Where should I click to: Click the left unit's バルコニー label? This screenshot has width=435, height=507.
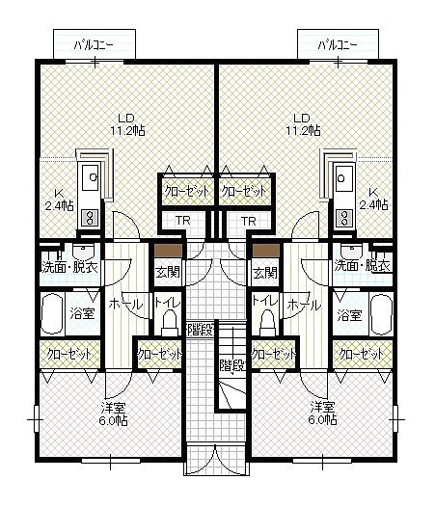(94, 45)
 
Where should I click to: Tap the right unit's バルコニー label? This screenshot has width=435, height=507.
(338, 45)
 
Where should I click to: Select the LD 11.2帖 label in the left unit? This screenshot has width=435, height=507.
(127, 124)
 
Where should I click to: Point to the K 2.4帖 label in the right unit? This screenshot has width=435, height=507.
(374, 199)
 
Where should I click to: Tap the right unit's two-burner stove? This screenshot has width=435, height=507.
(344, 217)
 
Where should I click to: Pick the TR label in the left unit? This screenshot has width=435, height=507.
(182, 221)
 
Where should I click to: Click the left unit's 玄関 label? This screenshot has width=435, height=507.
(168, 272)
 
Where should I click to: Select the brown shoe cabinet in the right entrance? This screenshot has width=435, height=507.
(265, 250)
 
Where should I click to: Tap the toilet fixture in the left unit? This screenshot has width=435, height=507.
(170, 322)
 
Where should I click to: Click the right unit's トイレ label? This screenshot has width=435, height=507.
(264, 301)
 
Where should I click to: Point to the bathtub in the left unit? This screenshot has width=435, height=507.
(53, 314)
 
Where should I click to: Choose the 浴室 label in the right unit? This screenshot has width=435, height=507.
(349, 314)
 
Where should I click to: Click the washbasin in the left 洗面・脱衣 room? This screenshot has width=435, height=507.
(84, 252)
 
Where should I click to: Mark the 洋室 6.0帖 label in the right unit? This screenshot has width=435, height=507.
(322, 413)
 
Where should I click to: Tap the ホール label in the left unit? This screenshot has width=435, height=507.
(125, 304)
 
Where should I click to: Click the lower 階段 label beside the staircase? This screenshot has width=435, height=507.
(232, 365)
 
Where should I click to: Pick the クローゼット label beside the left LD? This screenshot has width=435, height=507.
(186, 191)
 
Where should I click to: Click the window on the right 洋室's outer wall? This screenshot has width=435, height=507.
(395, 419)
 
